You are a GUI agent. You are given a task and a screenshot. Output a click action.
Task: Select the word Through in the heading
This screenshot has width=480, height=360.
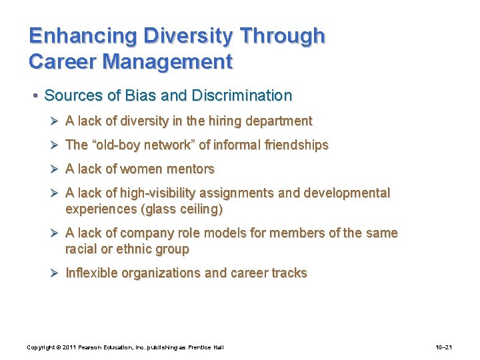283,35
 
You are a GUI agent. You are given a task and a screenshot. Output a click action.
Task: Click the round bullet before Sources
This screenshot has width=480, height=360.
35,96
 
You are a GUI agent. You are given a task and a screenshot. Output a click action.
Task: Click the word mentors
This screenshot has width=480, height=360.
191,169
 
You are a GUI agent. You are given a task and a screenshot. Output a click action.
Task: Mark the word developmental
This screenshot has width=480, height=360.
347,193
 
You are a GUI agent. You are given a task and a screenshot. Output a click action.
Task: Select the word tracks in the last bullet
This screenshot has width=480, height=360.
289,273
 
